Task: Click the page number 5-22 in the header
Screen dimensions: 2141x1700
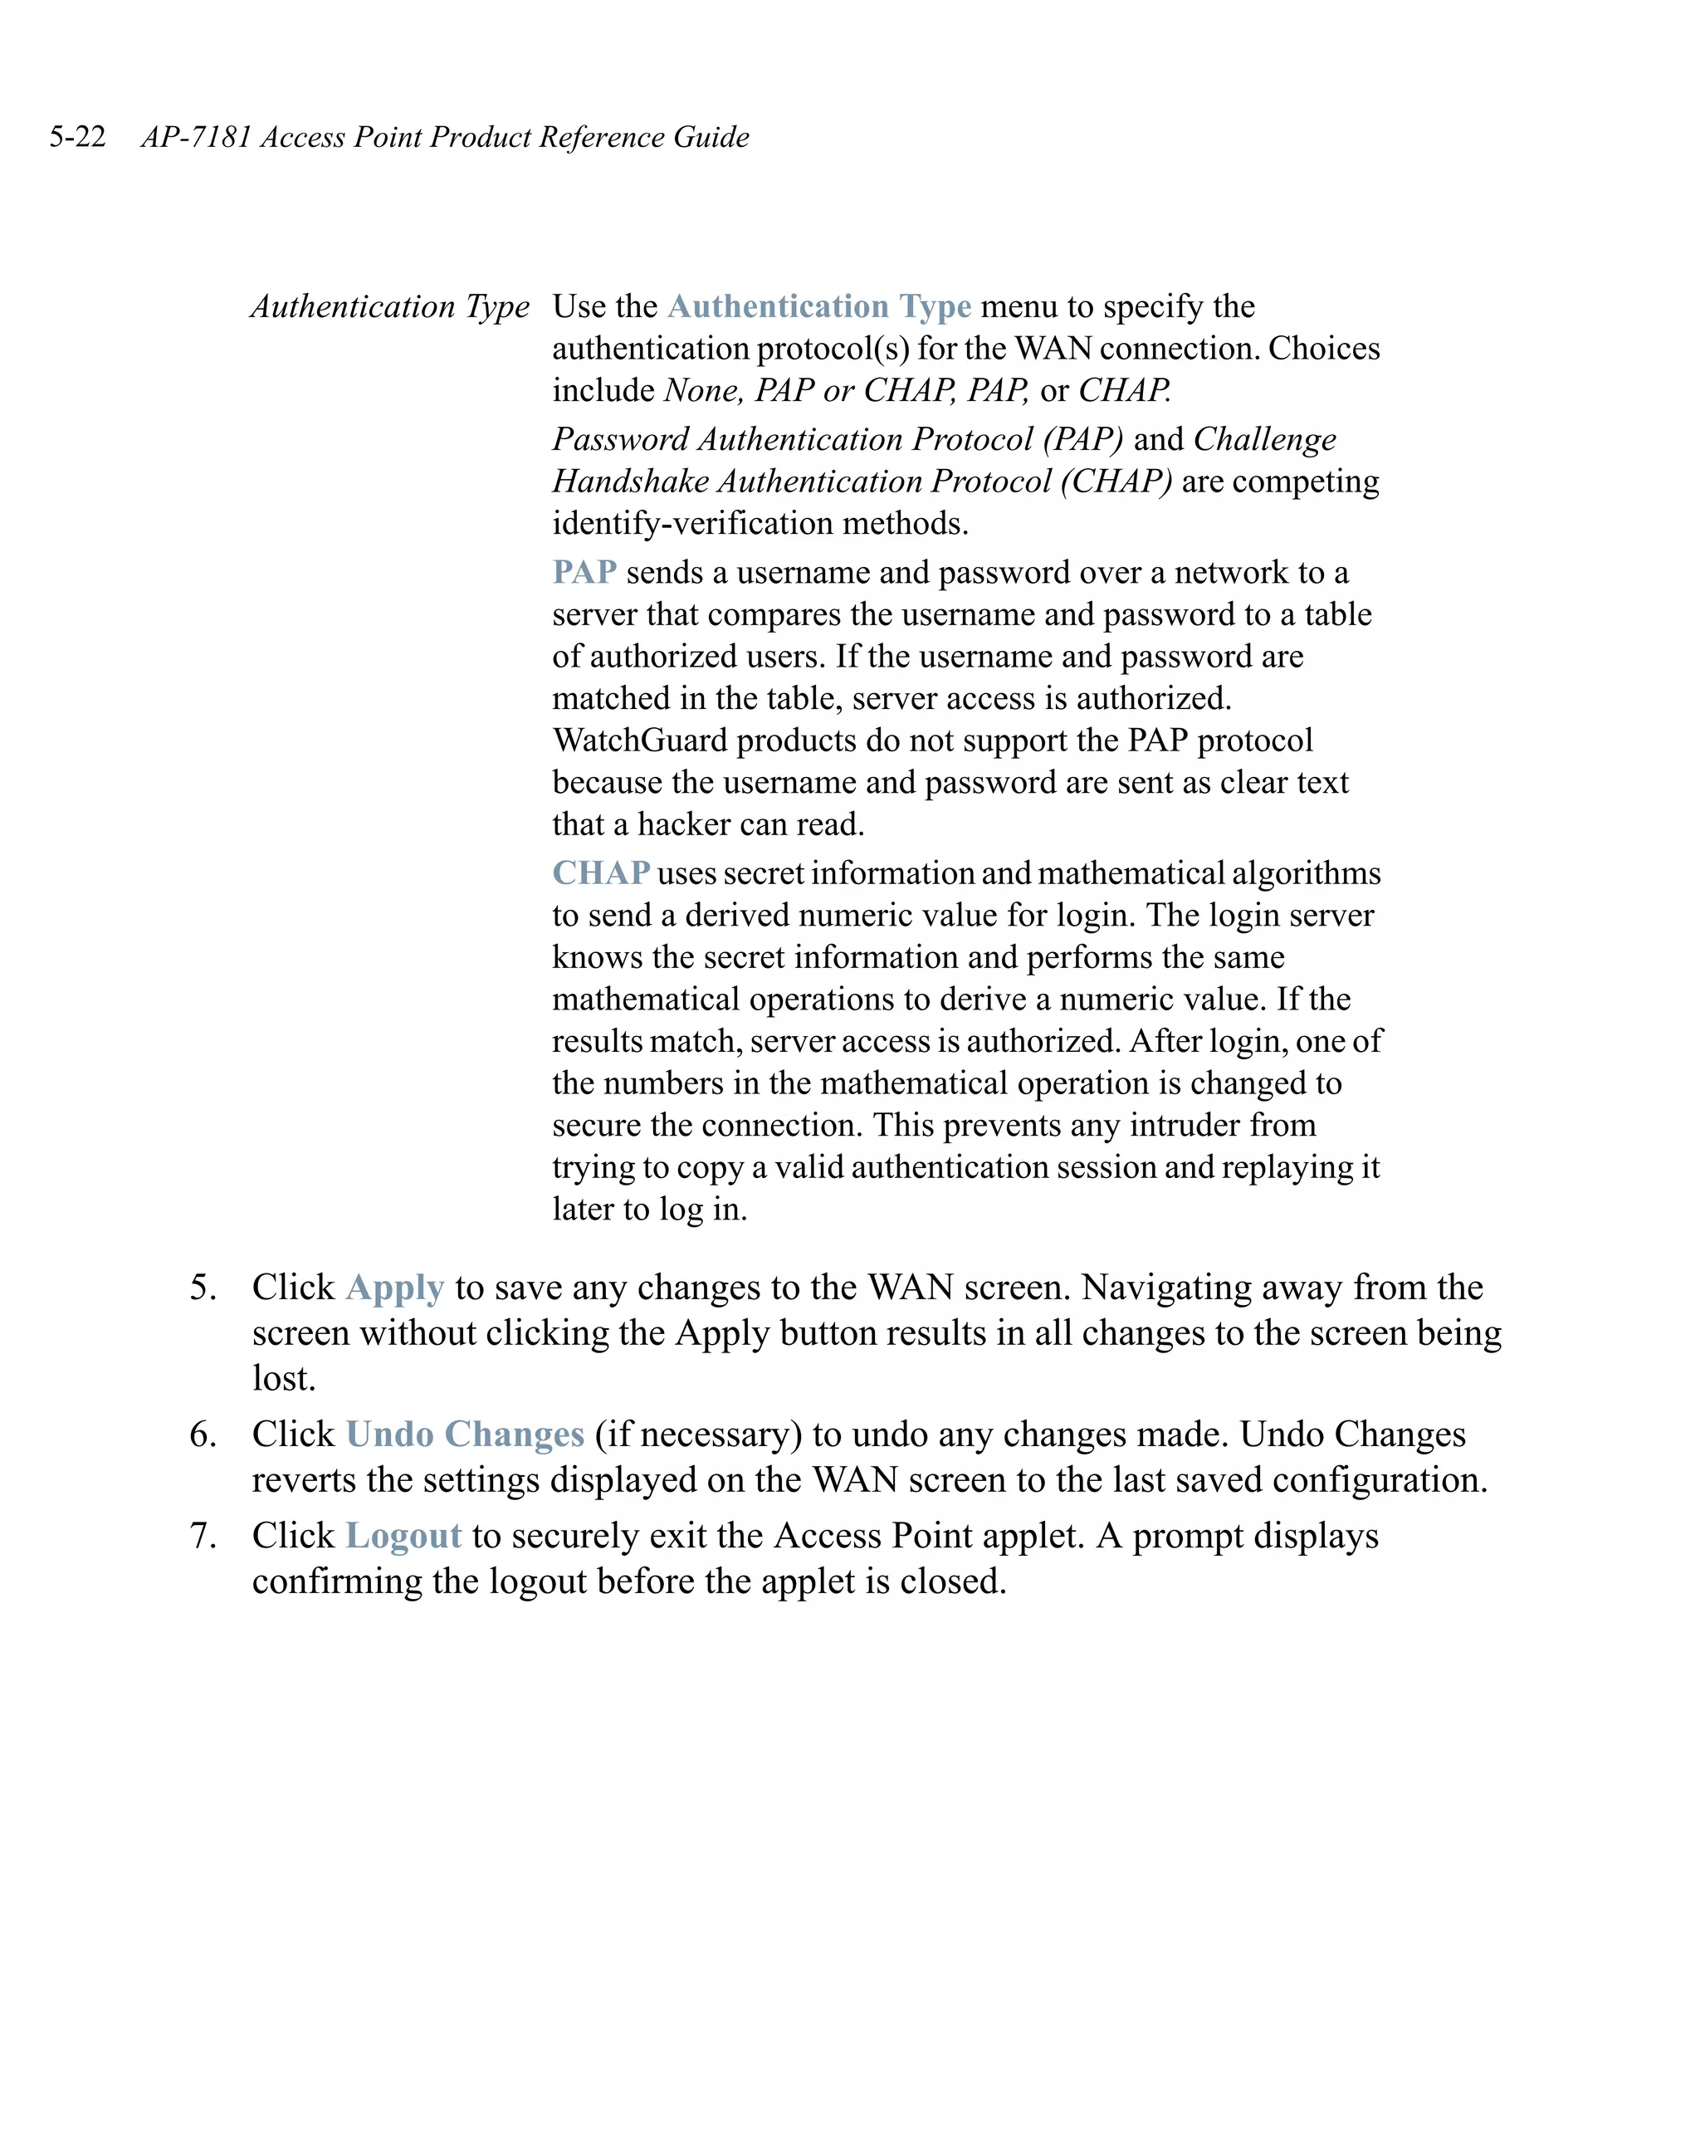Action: pos(77,137)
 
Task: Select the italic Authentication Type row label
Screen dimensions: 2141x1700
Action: pos(389,307)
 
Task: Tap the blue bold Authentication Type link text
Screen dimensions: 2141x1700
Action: pos(819,307)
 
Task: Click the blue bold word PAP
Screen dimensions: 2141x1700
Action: pos(584,573)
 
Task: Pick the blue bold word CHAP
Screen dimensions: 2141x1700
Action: pos(601,873)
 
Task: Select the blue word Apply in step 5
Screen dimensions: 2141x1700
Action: pos(394,1287)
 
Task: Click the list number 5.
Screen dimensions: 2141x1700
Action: pos(202,1287)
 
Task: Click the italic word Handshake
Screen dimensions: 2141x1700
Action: pos(631,481)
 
